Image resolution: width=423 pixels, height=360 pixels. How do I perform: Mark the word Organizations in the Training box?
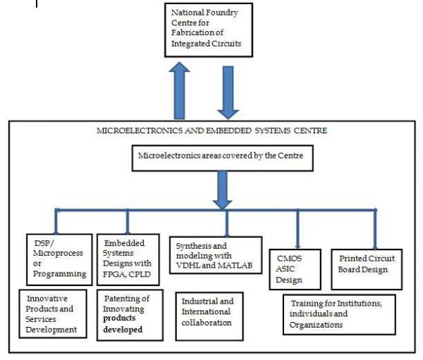point(315,325)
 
